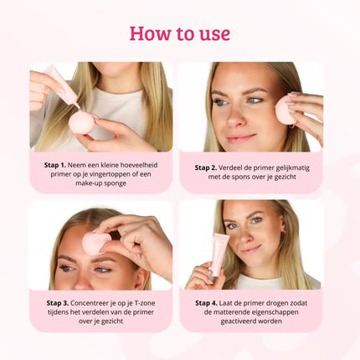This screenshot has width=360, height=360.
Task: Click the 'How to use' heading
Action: click(179, 33)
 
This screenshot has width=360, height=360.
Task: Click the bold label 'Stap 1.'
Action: click(58, 165)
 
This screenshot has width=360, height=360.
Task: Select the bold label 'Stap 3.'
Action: click(57, 303)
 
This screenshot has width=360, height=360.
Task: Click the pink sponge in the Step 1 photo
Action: click(82, 122)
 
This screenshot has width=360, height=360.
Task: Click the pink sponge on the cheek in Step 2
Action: click(285, 109)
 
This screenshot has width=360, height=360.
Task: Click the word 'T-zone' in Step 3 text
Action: click(137, 303)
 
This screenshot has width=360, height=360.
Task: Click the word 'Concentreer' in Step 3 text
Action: click(92, 303)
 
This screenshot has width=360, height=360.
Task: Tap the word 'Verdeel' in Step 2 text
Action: click(239, 167)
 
